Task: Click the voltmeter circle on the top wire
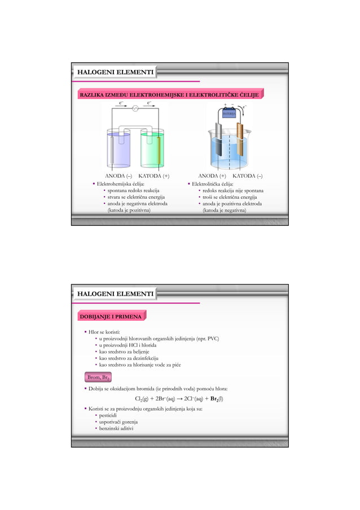click(x=135, y=110)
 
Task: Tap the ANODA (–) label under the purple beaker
click(x=116, y=176)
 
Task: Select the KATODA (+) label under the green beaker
click(x=154, y=176)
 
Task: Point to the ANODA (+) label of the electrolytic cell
click(x=212, y=176)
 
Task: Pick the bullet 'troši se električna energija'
click(x=229, y=197)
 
